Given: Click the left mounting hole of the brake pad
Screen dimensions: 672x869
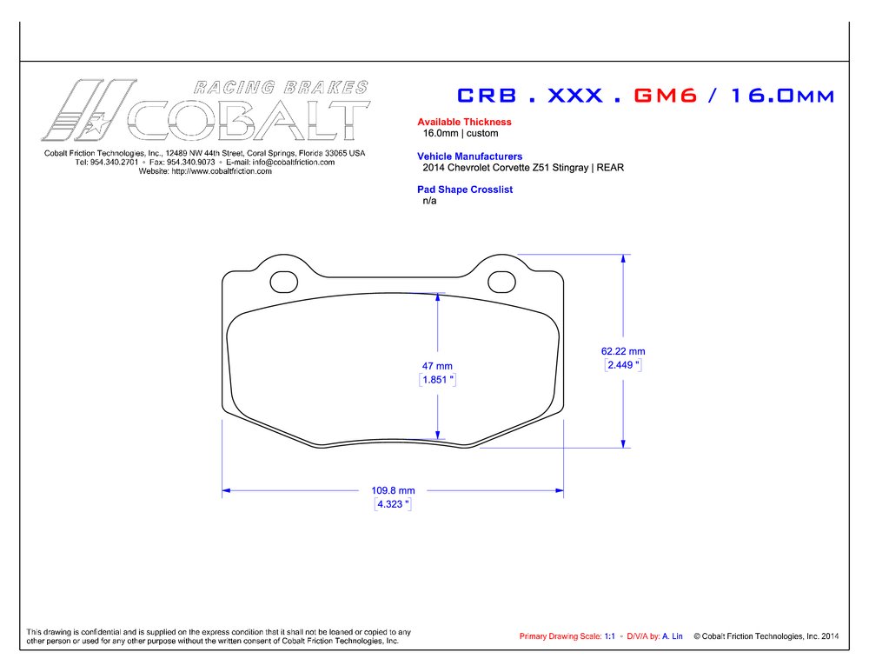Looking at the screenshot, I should (x=283, y=282).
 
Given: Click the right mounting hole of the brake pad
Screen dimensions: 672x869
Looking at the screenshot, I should (x=501, y=282).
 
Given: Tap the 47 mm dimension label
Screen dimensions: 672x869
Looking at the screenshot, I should (x=437, y=366).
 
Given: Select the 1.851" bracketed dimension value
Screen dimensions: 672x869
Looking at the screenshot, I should (x=438, y=381).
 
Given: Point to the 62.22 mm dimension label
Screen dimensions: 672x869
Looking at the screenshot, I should (x=623, y=351).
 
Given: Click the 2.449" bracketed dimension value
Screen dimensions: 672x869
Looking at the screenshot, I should (x=623, y=366).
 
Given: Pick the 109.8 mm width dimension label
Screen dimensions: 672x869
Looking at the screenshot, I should (x=394, y=490).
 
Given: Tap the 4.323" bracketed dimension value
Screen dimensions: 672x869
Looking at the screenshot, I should (x=392, y=504).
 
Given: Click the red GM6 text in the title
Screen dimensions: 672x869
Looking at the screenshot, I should (x=666, y=96).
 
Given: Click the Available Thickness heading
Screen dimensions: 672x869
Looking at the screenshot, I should (x=464, y=123).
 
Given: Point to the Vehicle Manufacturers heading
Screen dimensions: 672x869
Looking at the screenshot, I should (x=469, y=156).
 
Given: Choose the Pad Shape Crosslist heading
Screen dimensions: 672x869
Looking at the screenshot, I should (x=465, y=190).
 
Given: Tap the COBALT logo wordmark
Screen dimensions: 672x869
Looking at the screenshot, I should (x=248, y=120).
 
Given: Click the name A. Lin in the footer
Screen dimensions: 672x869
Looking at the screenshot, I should (x=672, y=636).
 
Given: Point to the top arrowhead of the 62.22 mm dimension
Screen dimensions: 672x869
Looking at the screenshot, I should (x=623, y=259).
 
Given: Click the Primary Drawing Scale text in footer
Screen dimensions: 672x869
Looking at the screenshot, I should (x=560, y=636).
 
